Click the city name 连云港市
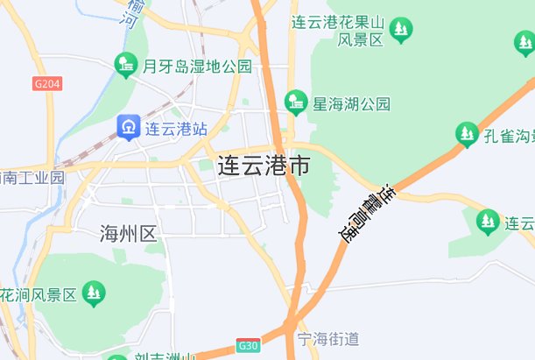click(263, 166)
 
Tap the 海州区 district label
click(128, 234)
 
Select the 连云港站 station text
click(176, 129)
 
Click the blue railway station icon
click(129, 128)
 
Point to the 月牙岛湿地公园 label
click(197, 66)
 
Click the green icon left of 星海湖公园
click(296, 102)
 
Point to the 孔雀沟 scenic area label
click(509, 136)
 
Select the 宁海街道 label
click(328, 339)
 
